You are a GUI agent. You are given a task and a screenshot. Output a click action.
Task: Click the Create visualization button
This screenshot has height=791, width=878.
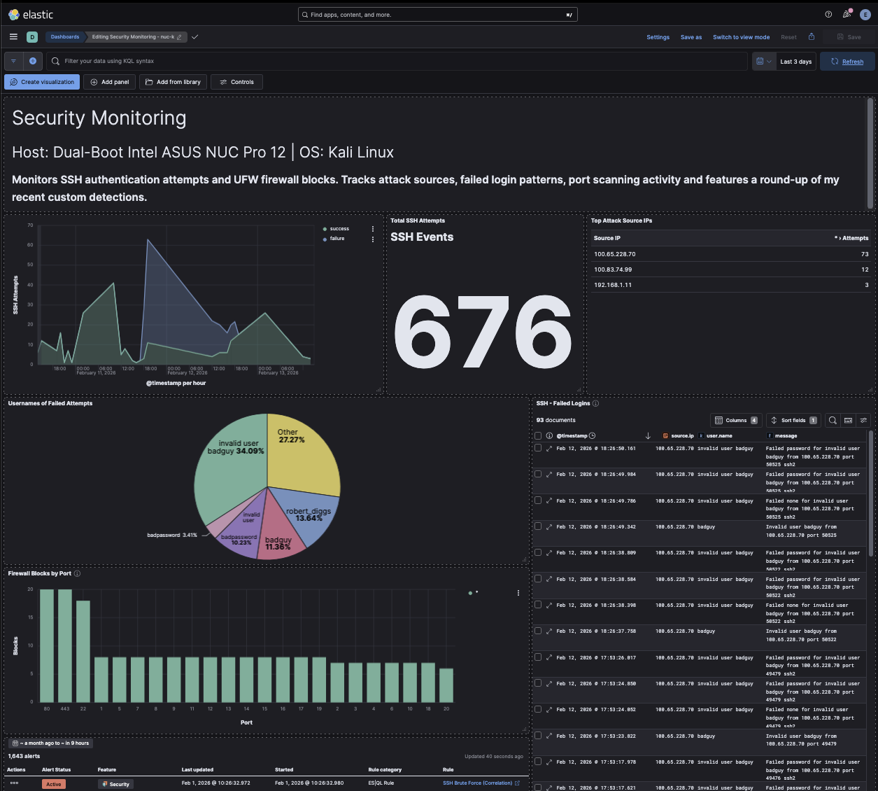point(42,82)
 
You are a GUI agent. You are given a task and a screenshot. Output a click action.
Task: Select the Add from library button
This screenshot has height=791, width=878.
point(173,82)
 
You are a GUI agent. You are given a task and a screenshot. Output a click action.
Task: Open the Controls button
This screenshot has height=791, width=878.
point(236,82)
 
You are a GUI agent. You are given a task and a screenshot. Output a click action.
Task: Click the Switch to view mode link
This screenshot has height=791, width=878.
point(741,37)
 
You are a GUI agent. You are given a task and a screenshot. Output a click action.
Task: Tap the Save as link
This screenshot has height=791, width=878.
point(691,37)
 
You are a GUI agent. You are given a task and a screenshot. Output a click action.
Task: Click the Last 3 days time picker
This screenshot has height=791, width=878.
point(795,62)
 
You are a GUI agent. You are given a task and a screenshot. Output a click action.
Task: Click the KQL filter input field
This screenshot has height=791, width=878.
point(399,61)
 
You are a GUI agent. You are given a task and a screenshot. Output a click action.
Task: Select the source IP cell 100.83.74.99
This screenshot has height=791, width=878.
point(613,269)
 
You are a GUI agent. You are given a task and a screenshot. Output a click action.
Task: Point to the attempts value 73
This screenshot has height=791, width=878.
point(865,254)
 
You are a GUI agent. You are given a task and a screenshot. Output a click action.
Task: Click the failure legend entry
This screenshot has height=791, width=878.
point(337,239)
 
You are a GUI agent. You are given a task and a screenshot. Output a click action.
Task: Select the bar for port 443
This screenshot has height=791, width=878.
point(65,645)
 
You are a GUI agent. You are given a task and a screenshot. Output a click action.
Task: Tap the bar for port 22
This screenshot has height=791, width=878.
point(83,651)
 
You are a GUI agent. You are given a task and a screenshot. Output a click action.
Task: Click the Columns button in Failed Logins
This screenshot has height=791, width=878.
point(735,421)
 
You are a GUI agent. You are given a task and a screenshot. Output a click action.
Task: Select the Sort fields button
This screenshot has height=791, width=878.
point(793,421)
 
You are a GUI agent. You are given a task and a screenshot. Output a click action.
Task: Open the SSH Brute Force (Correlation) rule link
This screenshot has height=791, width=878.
point(477,783)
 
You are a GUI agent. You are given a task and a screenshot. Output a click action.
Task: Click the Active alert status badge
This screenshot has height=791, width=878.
point(54,784)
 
